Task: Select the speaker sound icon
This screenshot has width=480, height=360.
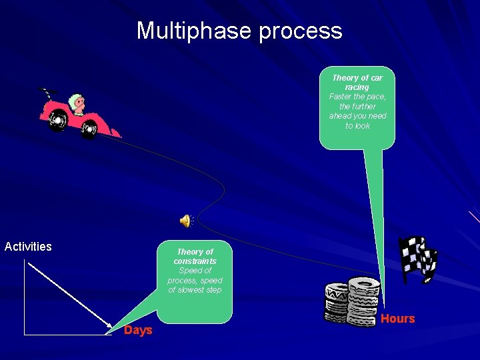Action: [185, 221]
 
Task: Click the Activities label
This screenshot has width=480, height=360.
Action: [28, 247]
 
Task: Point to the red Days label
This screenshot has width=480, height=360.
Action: [138, 331]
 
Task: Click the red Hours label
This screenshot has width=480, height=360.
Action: [397, 319]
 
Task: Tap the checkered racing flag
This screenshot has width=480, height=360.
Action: [417, 259]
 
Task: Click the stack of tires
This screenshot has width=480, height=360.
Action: [352, 301]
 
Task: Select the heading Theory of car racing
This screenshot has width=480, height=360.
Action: [357, 83]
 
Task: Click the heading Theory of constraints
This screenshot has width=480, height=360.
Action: [195, 257]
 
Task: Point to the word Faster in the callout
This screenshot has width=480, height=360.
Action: [341, 97]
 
